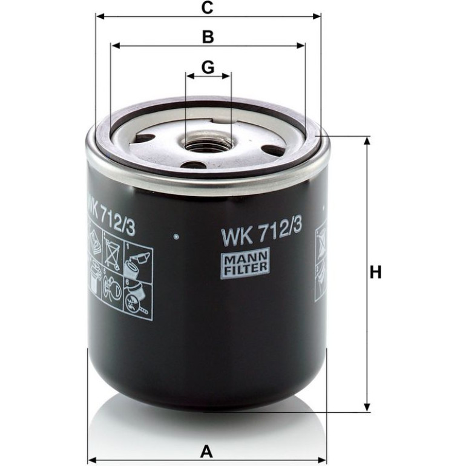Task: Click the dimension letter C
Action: pyautogui.click(x=207, y=8)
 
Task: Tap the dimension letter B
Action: pyautogui.click(x=208, y=37)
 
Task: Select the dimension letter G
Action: pyautogui.click(x=208, y=67)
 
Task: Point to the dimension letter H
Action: pyautogui.click(x=375, y=272)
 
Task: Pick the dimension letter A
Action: pyautogui.click(x=206, y=451)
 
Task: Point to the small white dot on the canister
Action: pyautogui.click(x=177, y=237)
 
